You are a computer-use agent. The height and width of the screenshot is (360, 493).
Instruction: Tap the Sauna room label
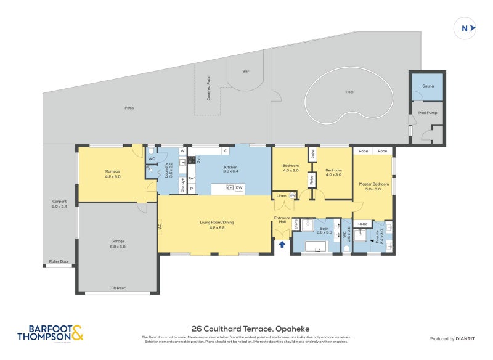428,86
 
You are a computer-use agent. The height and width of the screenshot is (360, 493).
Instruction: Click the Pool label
350,92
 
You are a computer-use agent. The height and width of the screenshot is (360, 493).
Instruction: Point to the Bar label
246,72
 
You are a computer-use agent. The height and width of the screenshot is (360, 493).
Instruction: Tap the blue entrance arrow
282,245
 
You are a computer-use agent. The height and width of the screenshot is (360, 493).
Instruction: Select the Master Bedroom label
373,186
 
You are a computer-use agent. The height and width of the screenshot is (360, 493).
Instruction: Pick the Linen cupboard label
281,195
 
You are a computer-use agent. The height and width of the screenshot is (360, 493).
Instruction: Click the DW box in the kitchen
238,187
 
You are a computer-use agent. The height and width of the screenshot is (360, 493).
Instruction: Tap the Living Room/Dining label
216,224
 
